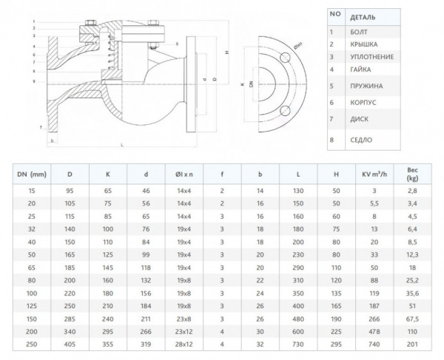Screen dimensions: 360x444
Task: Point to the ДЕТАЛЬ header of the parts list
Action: click(x=362, y=16)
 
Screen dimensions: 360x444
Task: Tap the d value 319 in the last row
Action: click(x=145, y=343)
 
